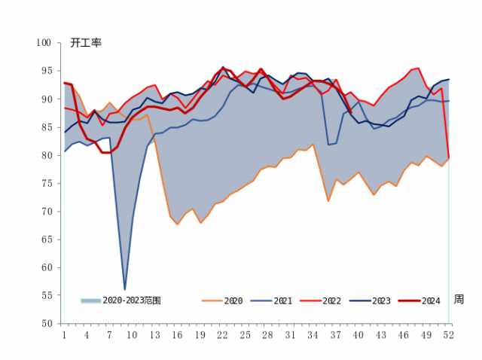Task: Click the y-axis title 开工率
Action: tap(86, 43)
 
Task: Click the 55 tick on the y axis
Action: tap(46, 295)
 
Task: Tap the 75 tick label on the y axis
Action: tap(46, 183)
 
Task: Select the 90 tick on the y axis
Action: tap(46, 99)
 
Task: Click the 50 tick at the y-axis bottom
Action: tap(46, 323)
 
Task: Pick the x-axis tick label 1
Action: tap(64, 334)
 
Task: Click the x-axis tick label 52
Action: tap(450, 334)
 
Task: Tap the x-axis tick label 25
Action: tap(246, 334)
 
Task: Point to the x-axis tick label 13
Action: tap(155, 334)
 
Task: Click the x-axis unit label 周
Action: tap(459, 299)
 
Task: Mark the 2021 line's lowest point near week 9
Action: tap(125, 289)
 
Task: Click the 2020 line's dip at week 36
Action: tap(328, 201)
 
